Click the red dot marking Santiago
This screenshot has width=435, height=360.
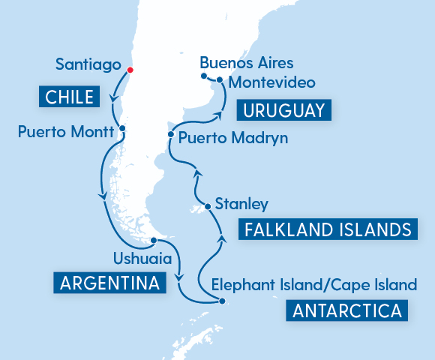click(x=130, y=70)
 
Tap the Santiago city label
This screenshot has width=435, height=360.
click(x=88, y=65)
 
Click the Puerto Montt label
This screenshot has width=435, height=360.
click(x=65, y=132)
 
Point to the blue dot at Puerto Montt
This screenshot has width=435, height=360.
click(x=121, y=128)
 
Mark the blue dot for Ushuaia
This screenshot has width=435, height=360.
click(x=153, y=241)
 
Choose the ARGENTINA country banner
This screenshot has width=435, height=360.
click(x=109, y=283)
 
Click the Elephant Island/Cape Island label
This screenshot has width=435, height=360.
click(x=313, y=285)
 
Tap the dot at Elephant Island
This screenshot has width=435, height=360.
click(x=222, y=301)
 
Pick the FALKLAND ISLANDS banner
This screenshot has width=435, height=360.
click(x=328, y=229)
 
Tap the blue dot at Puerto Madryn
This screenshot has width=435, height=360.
click(x=172, y=135)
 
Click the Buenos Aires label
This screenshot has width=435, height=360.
click(x=247, y=61)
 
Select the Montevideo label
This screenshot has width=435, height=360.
click(x=271, y=81)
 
